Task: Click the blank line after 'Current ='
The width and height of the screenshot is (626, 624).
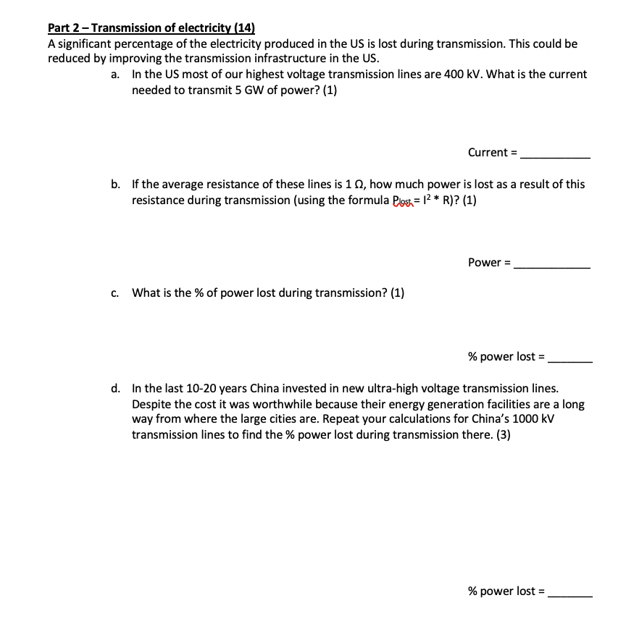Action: coord(555,153)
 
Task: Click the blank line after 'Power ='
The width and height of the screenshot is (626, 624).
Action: coord(551,263)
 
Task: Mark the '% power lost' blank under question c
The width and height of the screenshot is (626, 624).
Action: coord(569,358)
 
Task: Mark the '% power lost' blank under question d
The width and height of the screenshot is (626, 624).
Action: coord(569,593)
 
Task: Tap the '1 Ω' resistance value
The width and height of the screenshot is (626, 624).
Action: coord(357,185)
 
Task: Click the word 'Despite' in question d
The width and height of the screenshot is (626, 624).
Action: coord(151,405)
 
